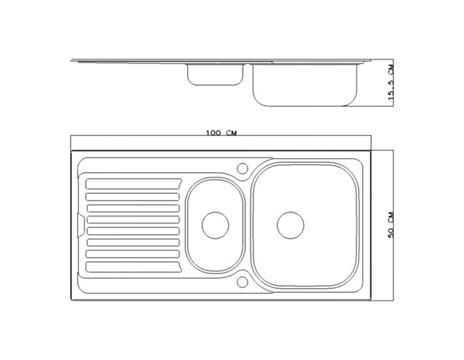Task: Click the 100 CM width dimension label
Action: [x=221, y=133]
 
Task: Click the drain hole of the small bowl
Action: [x=215, y=225]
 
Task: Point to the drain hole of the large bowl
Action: [x=290, y=224]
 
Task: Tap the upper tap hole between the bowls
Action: [x=242, y=168]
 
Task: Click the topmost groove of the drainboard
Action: [x=133, y=185]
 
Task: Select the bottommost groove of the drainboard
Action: [x=133, y=267]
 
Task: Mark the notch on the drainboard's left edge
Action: [x=81, y=224]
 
